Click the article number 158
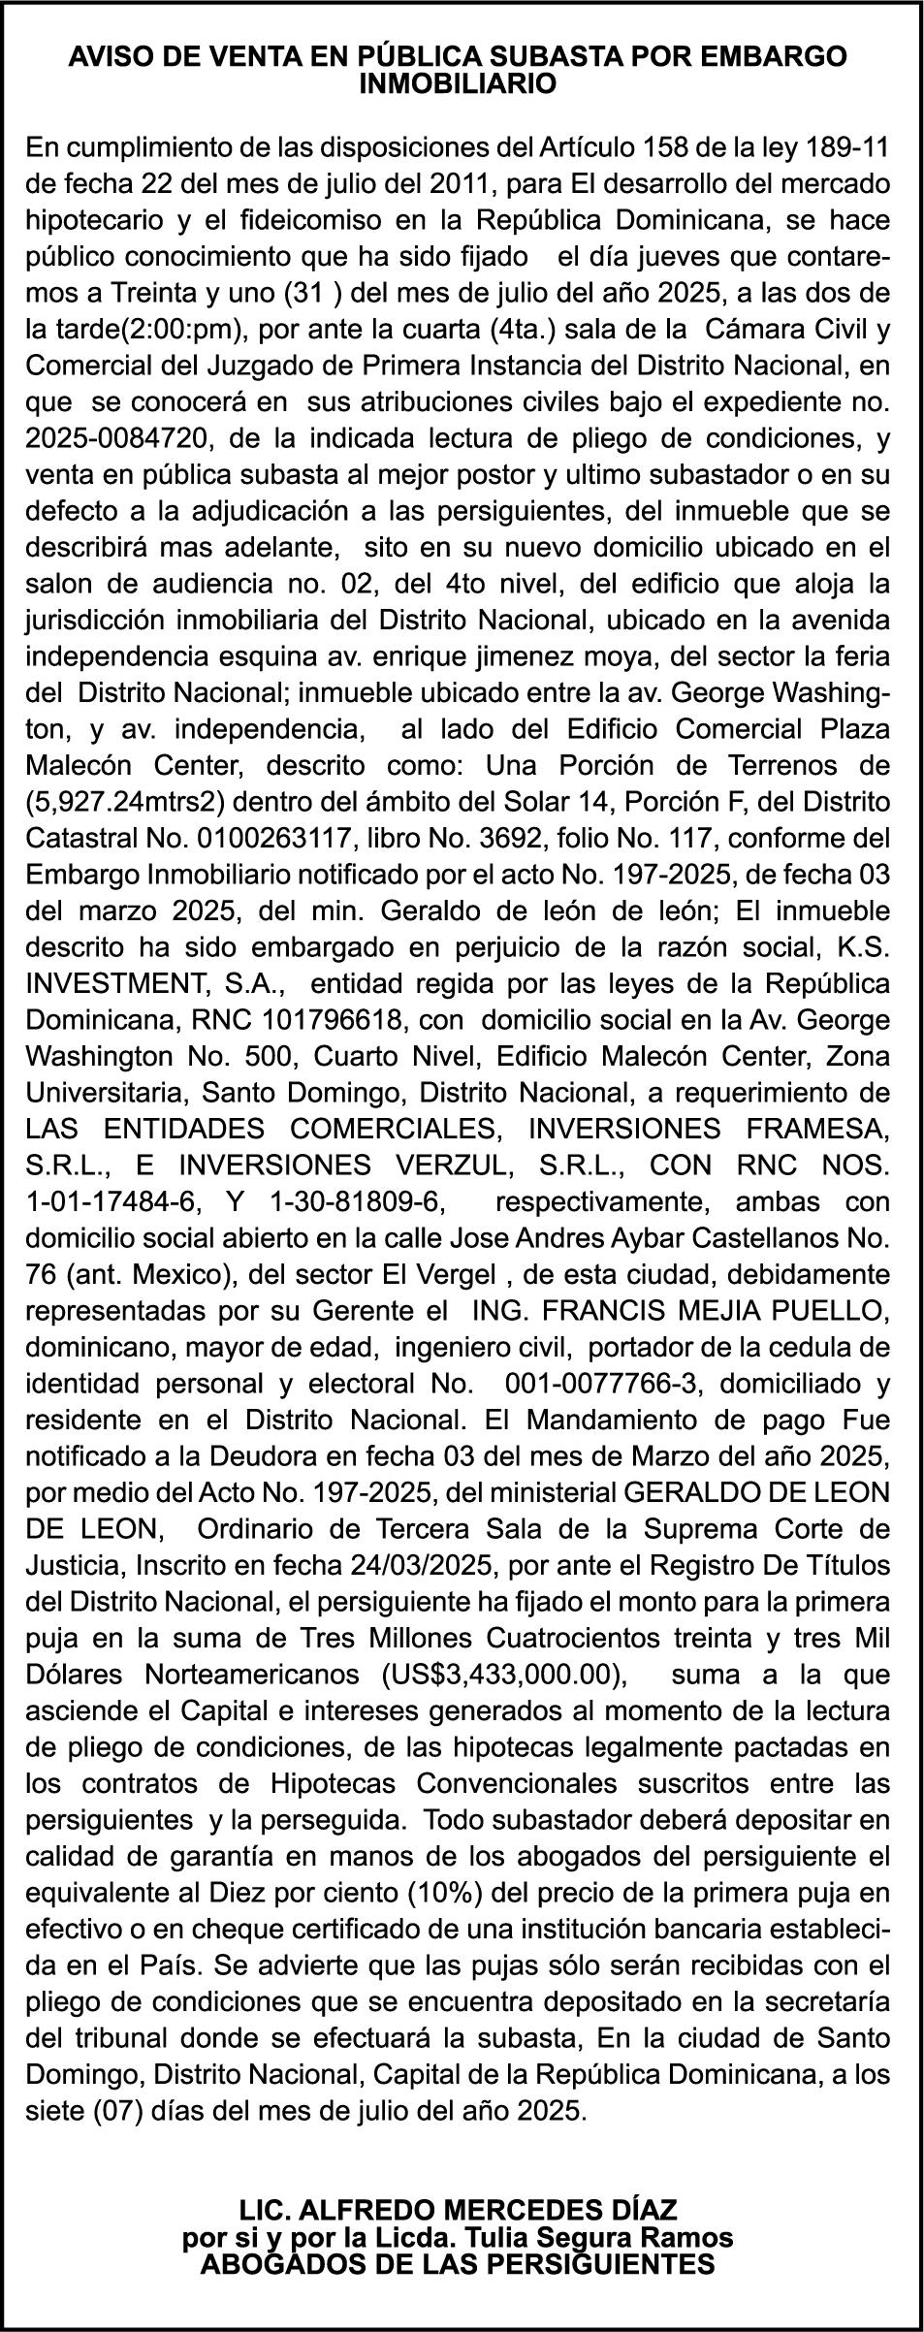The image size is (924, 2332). click(x=666, y=148)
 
